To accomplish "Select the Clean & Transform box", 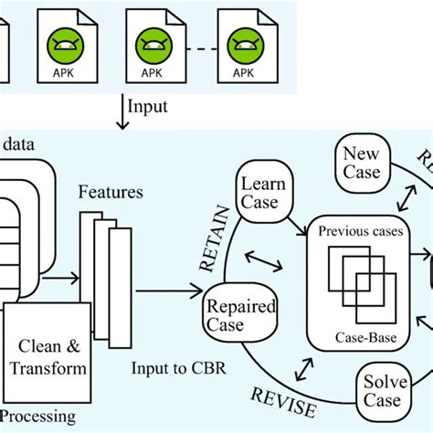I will (x=49, y=355).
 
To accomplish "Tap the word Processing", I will (x=37, y=417).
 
